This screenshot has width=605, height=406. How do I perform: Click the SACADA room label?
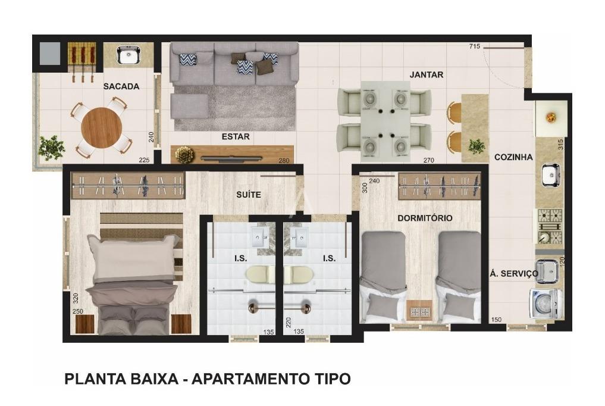121,86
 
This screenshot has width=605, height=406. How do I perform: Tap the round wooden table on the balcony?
101,127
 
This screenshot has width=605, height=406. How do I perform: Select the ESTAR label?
236,137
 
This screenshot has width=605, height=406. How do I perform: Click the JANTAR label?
427,75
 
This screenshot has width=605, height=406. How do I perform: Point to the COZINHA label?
513,157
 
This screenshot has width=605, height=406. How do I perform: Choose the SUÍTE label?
249,195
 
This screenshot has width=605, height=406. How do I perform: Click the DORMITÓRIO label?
425,218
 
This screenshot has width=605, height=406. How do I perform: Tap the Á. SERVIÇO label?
513,273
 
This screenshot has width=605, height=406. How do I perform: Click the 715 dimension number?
474,46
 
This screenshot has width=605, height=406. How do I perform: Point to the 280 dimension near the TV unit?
284,160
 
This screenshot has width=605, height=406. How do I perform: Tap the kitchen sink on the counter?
550,175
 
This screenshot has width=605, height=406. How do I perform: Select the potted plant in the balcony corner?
51,148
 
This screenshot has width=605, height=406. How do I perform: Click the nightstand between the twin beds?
421,311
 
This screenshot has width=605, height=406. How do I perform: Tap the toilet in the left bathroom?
258,274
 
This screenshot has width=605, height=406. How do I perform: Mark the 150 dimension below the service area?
496,320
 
